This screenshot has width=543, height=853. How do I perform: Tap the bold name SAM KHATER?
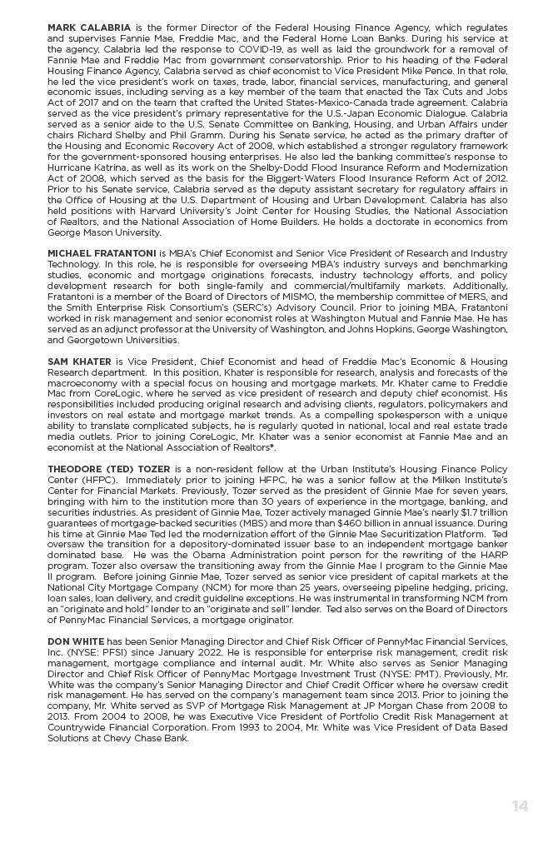pyautogui.click(x=80, y=362)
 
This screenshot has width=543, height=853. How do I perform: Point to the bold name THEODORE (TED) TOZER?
pyautogui.click(x=108, y=469)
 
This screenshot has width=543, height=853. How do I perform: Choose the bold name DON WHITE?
pyautogui.click(x=76, y=641)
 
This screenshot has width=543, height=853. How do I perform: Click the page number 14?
pyautogui.click(x=520, y=806)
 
